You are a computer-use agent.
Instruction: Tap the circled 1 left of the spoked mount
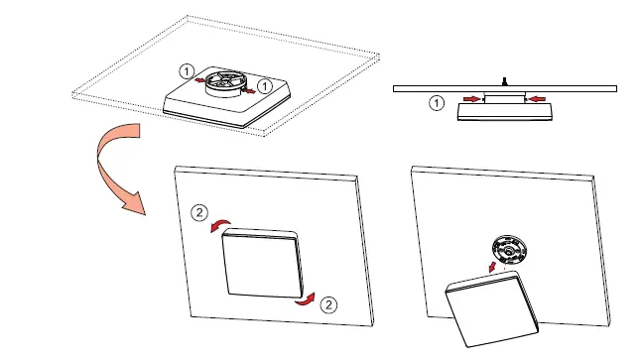point(186,71)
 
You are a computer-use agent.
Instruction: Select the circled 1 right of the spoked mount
point(266,84)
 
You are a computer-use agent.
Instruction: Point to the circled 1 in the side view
point(436,101)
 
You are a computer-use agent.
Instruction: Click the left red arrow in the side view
point(470,99)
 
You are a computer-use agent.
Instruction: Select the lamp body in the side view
point(503,111)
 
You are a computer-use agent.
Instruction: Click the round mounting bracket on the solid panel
point(507,249)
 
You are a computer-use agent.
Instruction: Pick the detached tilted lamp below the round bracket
point(493,310)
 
